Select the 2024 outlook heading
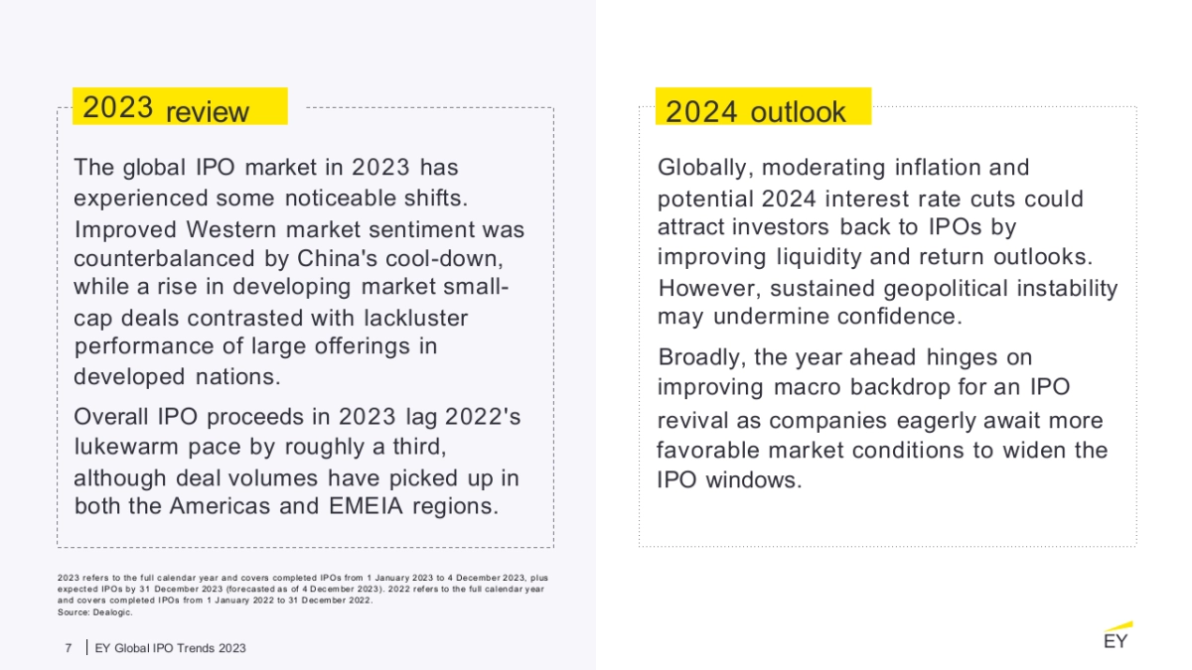[756, 111]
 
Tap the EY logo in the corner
[1117, 637]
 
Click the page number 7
[69, 648]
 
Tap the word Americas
[219, 506]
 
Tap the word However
[708, 289]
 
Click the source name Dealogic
[114, 612]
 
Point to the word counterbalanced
[169, 259]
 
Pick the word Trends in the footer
[200, 648]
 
